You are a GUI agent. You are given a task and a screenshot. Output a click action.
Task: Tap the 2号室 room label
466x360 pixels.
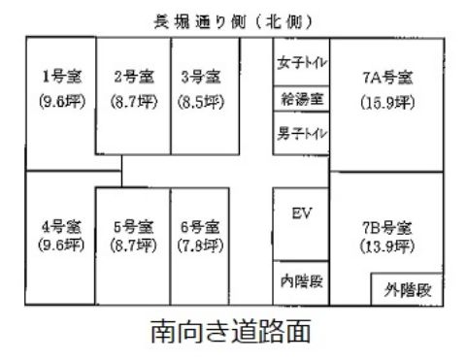134,77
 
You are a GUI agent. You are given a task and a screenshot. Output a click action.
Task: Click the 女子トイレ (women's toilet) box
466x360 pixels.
302,65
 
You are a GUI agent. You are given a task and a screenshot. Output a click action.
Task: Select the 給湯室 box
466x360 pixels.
301,98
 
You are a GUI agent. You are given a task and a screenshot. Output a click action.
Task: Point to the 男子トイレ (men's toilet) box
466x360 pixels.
302,131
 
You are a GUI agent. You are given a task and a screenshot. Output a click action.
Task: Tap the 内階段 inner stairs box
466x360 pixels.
300,283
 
